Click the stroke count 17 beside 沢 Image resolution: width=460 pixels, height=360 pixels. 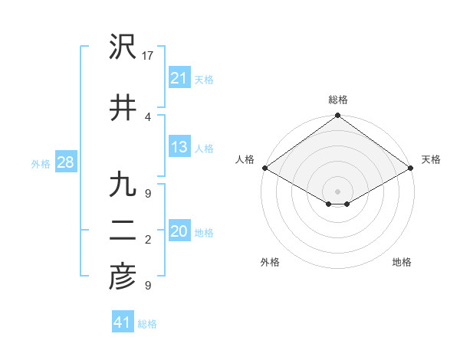tap(148, 56)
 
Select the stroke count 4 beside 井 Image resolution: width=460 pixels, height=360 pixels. tap(148, 116)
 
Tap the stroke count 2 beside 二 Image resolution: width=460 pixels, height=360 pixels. tap(148, 241)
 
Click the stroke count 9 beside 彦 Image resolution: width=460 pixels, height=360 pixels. tap(148, 286)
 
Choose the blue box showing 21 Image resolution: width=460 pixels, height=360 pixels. tap(179, 78)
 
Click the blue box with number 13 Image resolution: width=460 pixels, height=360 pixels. tap(179, 147)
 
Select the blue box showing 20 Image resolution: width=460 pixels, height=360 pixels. tap(179, 232)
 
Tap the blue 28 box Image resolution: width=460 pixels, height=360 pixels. tap(65, 162)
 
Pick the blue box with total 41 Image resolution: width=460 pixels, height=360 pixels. tap(123, 323)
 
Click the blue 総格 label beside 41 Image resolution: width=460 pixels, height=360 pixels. tap(147, 324)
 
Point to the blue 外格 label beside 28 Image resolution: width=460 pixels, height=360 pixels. tap(41, 163)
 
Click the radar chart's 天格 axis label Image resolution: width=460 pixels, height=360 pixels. tap(431, 159)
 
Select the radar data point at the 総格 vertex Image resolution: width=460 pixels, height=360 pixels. tap(337, 116)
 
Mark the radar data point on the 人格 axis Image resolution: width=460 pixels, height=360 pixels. tap(264, 168)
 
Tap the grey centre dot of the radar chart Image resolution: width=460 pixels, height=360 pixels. tap(337, 190)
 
